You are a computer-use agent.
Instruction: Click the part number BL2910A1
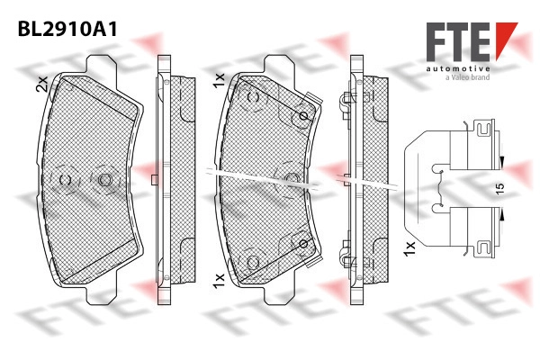coord(67,29)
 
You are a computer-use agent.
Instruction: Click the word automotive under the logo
coord(458,69)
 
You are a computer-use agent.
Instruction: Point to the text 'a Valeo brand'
coord(468,77)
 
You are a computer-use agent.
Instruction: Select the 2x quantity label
coord(41,84)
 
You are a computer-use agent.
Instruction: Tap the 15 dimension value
coord(499,188)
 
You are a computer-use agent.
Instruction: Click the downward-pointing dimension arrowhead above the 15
coord(502,161)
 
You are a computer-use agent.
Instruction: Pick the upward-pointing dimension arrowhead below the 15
coord(502,216)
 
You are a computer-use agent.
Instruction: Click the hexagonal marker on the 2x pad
coord(104,179)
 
